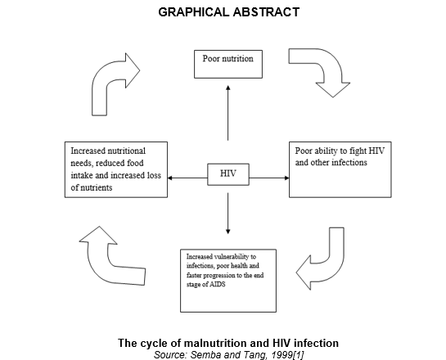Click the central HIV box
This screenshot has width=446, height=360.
228,174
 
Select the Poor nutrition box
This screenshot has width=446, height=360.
228,64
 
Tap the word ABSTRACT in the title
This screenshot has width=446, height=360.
266,12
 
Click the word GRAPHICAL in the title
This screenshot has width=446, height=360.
194,12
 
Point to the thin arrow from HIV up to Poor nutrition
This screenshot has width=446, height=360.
228,113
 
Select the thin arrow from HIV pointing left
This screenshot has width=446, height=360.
187,178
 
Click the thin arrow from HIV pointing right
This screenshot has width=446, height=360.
269,178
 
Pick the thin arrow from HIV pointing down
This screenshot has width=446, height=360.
228,214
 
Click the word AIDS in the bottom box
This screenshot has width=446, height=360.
218,285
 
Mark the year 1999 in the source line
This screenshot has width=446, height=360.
282,355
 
